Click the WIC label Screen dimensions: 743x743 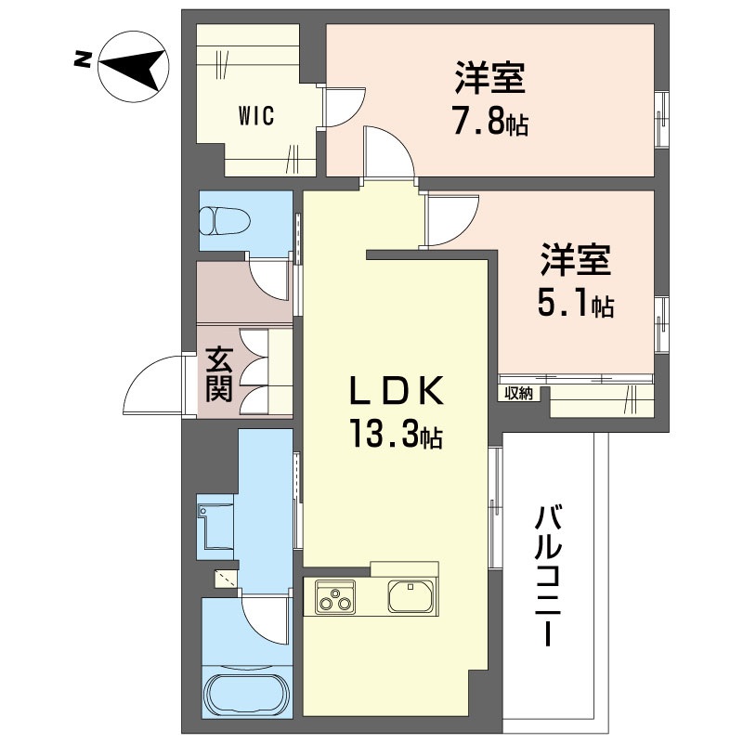click(x=256, y=115)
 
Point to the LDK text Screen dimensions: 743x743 click(x=397, y=390)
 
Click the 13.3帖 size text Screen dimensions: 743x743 click(x=397, y=435)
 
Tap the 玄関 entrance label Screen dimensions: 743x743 click(x=219, y=374)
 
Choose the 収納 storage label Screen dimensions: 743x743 click(x=518, y=393)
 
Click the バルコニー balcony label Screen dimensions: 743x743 click(x=548, y=576)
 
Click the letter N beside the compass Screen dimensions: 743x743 click(x=83, y=59)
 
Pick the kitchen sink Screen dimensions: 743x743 click(x=411, y=595)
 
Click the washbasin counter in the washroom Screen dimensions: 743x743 click(x=215, y=527)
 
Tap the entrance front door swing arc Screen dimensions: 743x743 click(x=152, y=385)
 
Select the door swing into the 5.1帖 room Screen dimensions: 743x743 click(x=451, y=220)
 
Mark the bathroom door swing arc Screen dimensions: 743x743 click(x=265, y=620)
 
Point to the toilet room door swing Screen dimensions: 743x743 click(x=268, y=280)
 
